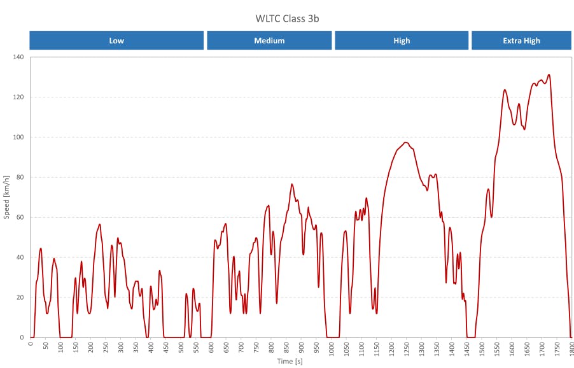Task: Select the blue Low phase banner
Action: tap(116, 40)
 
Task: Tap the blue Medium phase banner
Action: tap(269, 40)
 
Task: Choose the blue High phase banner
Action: tap(402, 40)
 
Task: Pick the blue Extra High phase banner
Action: tap(521, 40)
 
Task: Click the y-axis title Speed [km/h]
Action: tap(7, 197)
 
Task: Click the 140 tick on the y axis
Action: tap(18, 57)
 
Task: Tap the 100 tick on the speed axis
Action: tap(18, 138)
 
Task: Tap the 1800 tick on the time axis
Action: tap(571, 348)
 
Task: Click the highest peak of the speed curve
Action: tap(549, 74)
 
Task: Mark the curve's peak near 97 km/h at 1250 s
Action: tap(405, 143)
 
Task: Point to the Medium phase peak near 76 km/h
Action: tap(292, 185)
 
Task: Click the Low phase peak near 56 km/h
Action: tap(99, 224)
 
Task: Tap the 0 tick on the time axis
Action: tap(31, 344)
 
